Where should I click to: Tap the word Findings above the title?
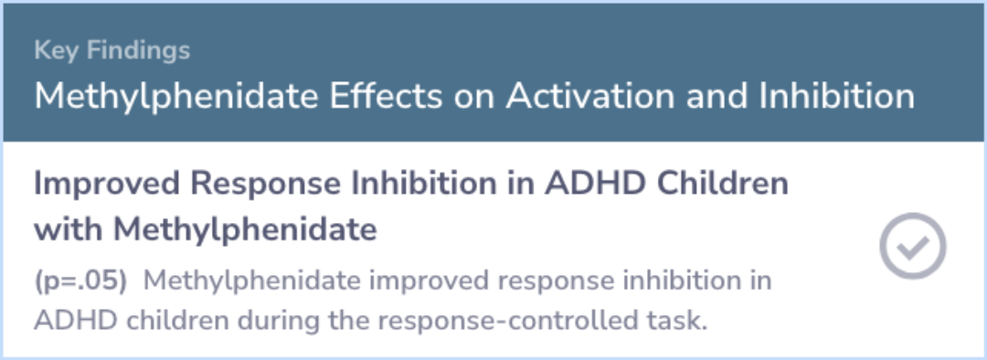(138, 51)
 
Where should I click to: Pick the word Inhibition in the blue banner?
(837, 96)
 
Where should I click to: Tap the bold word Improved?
(106, 185)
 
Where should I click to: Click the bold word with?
(68, 229)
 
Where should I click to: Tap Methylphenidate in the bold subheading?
(245, 231)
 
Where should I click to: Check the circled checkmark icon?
(912, 246)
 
